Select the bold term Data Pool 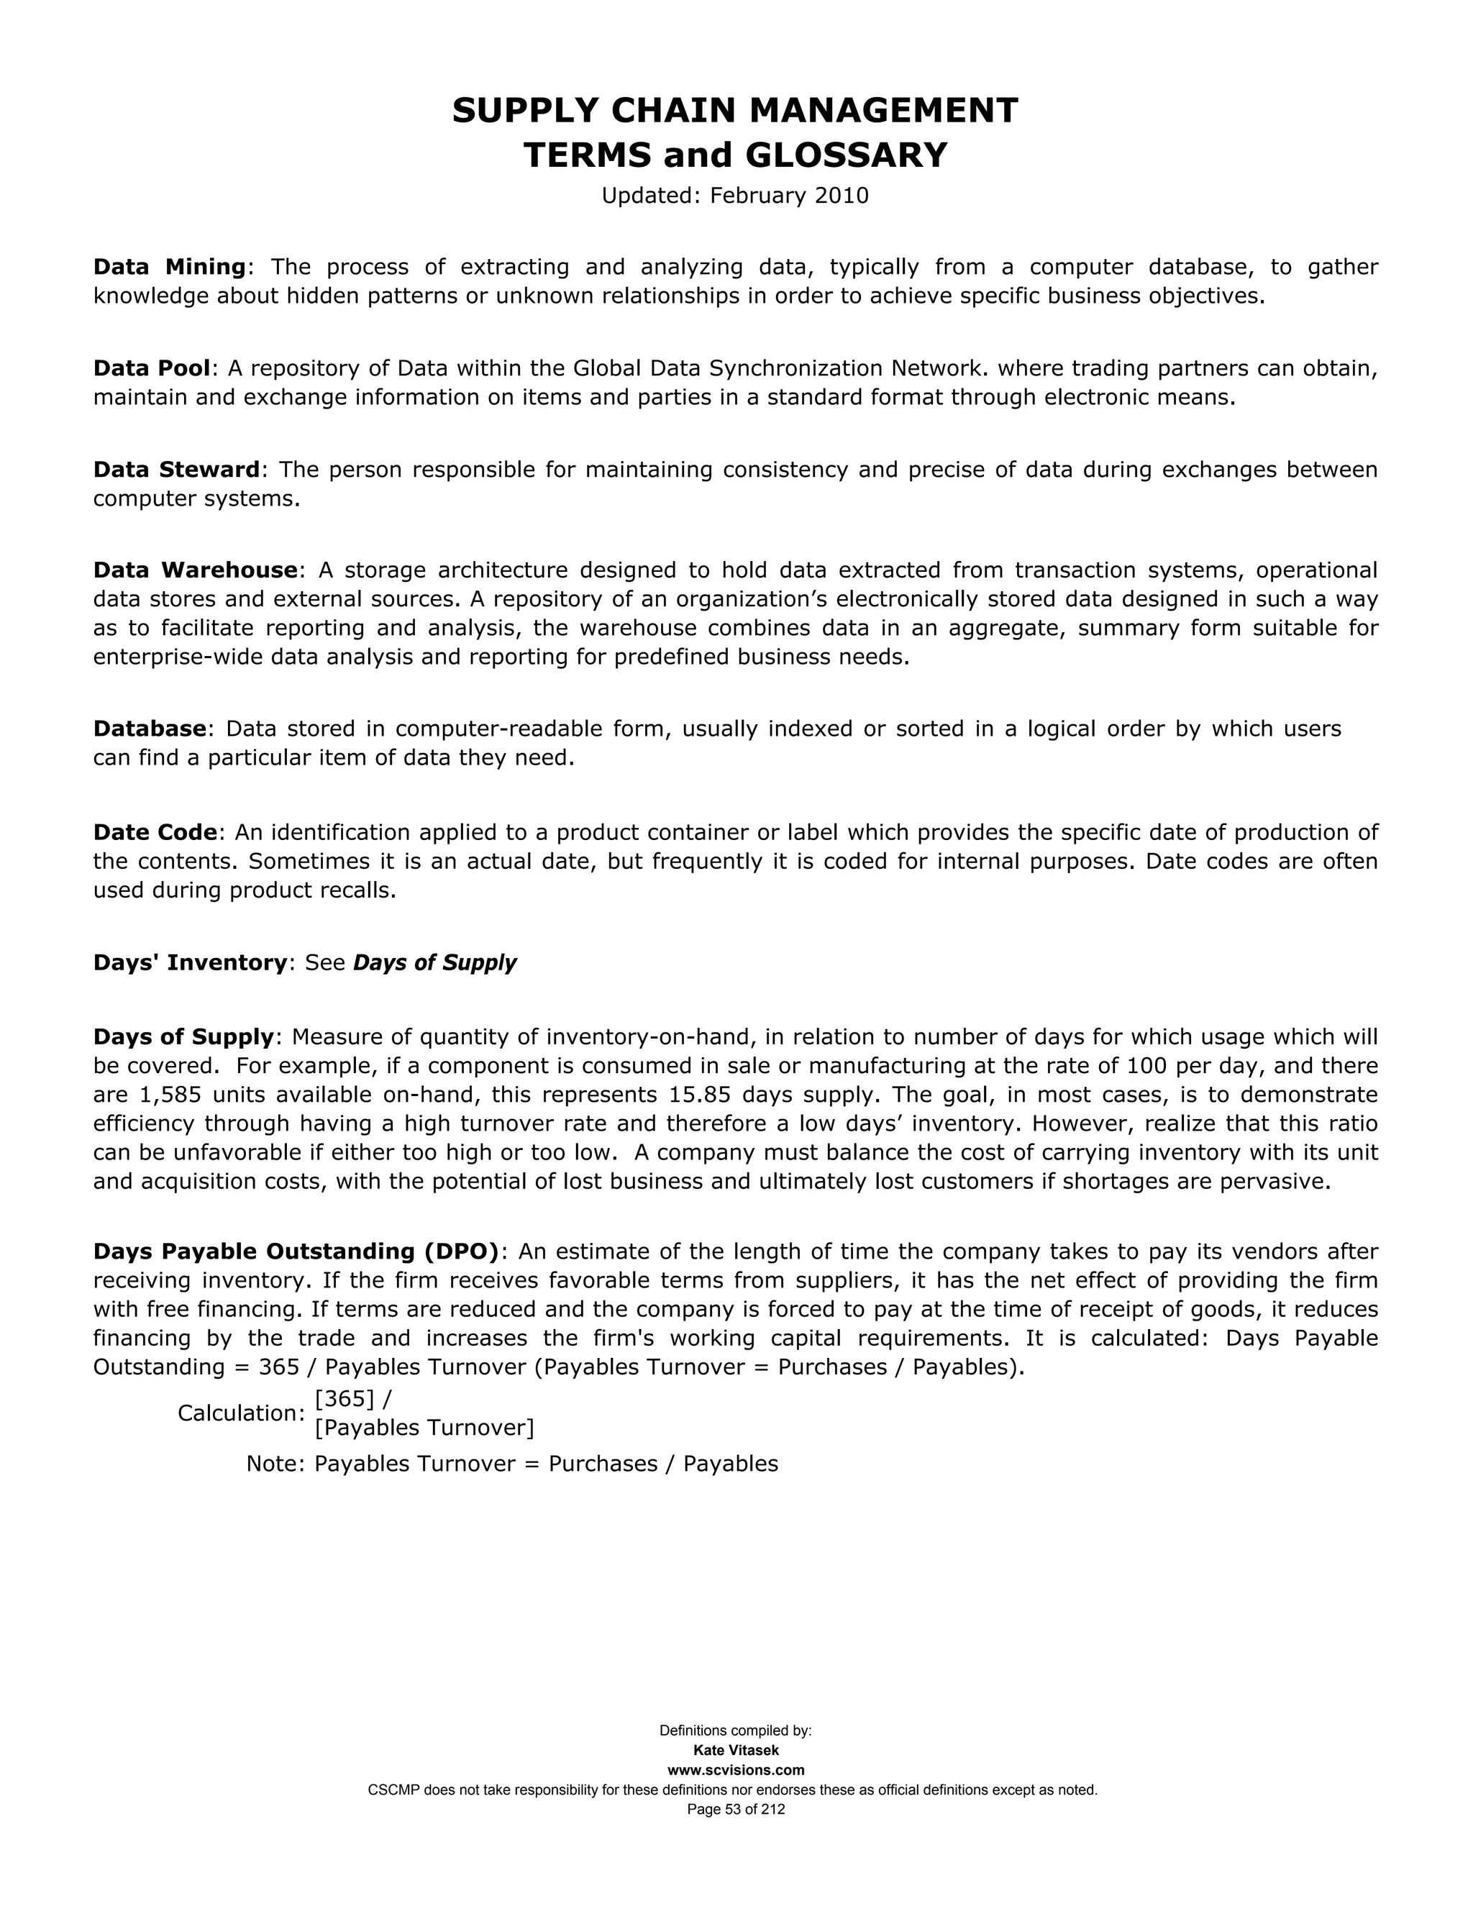click(x=152, y=368)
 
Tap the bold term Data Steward click(x=176, y=470)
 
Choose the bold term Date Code click(x=155, y=833)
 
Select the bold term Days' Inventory click(x=190, y=962)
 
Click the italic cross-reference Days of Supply click(x=434, y=962)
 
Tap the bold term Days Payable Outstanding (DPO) click(x=296, y=1251)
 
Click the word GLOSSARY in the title click(x=846, y=155)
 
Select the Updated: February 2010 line click(x=735, y=196)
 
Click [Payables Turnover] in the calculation click(x=424, y=1428)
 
